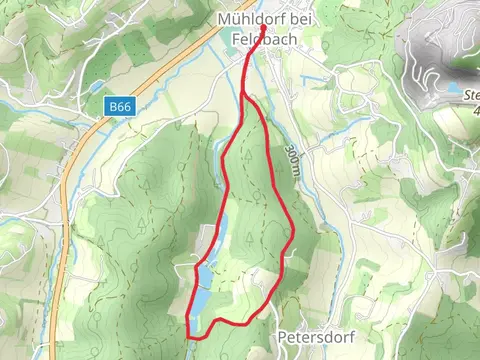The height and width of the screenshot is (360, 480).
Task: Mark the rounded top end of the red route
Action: click(x=263, y=29)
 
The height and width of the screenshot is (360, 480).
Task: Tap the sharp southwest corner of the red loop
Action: click(x=188, y=321)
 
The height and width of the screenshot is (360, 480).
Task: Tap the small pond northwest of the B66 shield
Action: click(x=97, y=87)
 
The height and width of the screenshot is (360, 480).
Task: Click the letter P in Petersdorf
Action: click(x=283, y=338)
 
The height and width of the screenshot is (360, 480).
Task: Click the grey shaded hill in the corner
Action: click(x=435, y=45)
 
